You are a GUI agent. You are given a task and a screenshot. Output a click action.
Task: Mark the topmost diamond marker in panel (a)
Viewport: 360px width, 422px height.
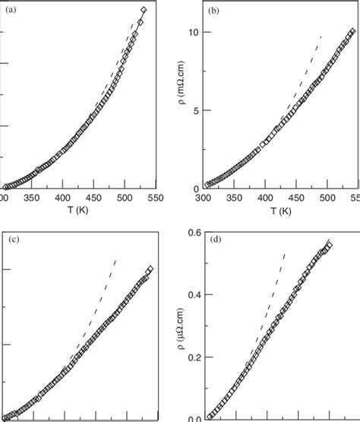coord(144,10)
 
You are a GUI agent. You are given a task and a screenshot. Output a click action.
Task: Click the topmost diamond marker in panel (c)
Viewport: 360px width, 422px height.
coord(150,269)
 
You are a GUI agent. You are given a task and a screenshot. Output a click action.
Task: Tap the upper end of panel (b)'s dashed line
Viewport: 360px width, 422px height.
coord(322,36)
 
